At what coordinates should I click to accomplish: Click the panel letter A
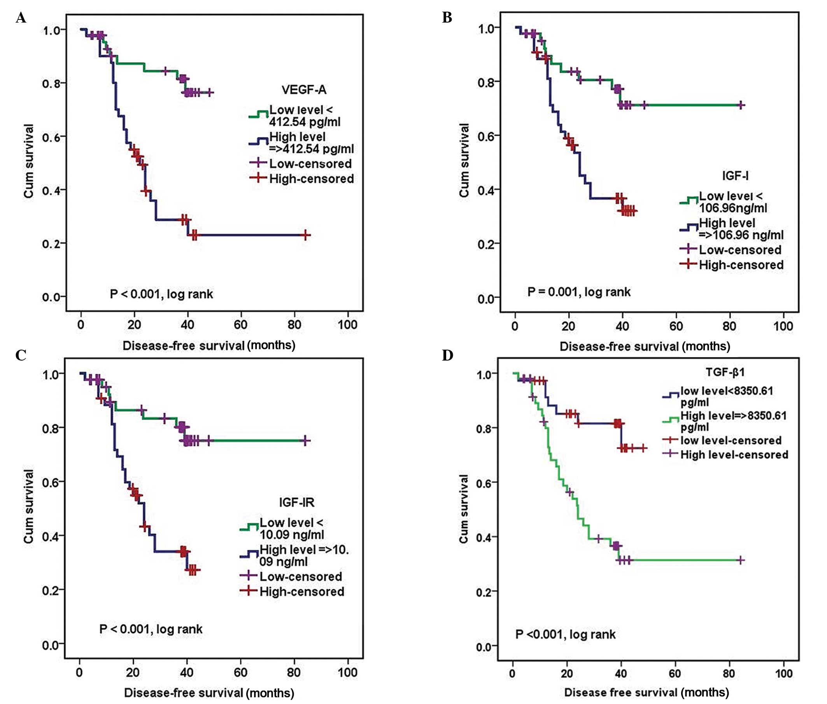pos(21,18)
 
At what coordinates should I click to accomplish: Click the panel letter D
pos(447,355)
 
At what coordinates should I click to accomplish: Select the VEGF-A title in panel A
pos(304,90)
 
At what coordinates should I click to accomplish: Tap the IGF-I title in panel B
pos(735,175)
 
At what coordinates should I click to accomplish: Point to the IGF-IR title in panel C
pos(296,502)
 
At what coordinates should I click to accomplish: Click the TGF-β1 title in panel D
pos(725,372)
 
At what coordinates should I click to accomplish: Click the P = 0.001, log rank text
pos(579,292)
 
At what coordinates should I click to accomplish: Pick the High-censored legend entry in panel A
pos(311,179)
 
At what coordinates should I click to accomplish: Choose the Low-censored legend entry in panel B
pos(739,250)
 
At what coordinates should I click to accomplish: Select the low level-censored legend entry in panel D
pos(731,441)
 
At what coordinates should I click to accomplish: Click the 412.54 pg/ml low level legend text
pos(305,122)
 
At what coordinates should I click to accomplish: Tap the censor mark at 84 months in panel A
pos(305,235)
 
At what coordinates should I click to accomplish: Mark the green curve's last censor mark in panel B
pos(741,105)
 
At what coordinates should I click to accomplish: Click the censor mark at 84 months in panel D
pos(740,560)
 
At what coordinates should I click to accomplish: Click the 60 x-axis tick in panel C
pos(240,672)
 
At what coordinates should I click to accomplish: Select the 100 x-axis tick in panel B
pos(783,326)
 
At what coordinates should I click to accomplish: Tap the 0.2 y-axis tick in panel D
pos(485,591)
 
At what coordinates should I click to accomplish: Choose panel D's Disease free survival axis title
pos(646,692)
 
